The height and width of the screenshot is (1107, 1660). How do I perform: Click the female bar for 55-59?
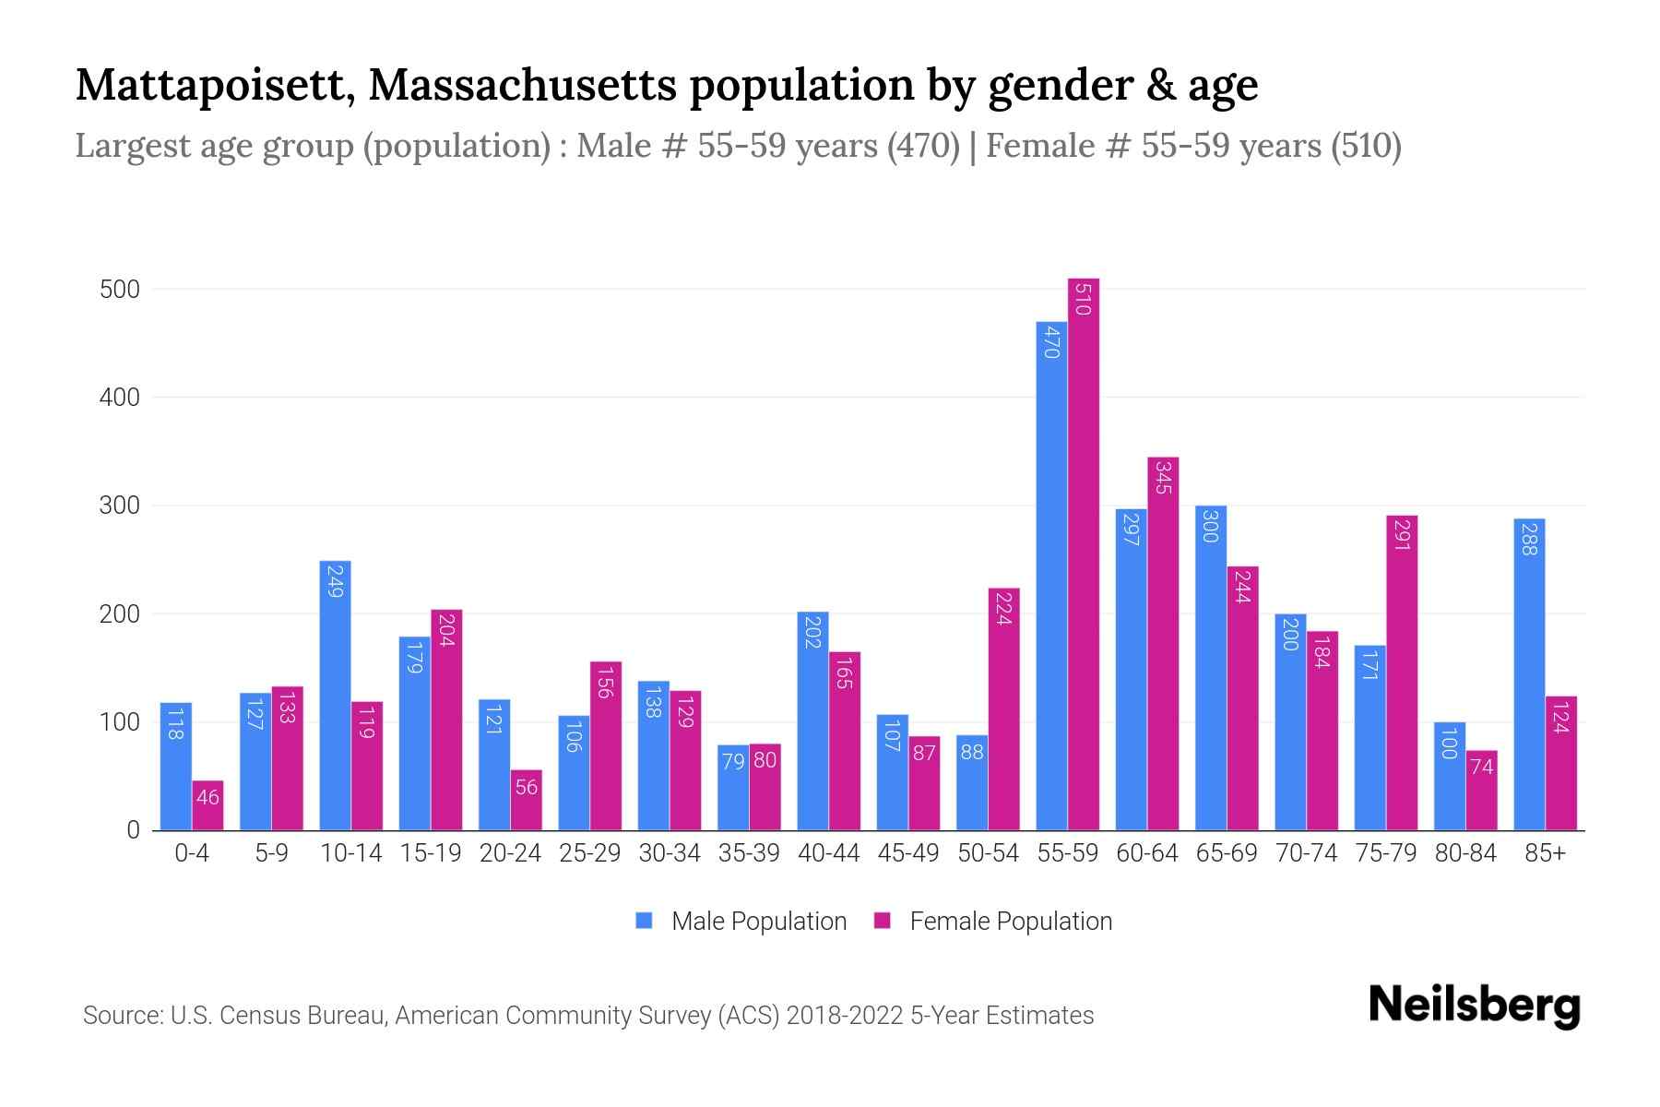coord(1084,553)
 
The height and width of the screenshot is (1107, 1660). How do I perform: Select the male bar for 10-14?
coord(335,696)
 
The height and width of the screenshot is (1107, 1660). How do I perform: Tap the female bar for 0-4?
coord(207,805)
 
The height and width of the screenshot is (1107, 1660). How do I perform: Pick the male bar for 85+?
coord(1529,674)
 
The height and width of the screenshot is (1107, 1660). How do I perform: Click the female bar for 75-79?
coord(1402,673)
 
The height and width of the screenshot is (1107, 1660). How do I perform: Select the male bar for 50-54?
coord(972,782)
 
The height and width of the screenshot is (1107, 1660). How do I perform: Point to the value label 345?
coord(1163,478)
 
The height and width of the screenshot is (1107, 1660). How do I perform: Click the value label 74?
coord(1481,766)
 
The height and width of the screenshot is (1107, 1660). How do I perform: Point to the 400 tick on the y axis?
coord(120,398)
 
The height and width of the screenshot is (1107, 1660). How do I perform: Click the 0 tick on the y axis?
coord(133,830)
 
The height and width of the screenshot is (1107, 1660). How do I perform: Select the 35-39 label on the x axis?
coord(749,853)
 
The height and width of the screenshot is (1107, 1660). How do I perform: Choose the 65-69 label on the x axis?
coord(1227,853)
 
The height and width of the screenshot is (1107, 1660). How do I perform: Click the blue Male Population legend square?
coord(644,921)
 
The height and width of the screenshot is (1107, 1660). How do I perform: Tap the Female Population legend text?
coord(1011,921)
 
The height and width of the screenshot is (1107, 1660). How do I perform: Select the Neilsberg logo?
coord(1474,1006)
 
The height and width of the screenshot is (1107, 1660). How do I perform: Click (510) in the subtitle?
coord(1366,146)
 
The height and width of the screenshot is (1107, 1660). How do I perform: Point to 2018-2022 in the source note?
coord(845,1016)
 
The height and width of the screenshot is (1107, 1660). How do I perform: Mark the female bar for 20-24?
coord(527,800)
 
